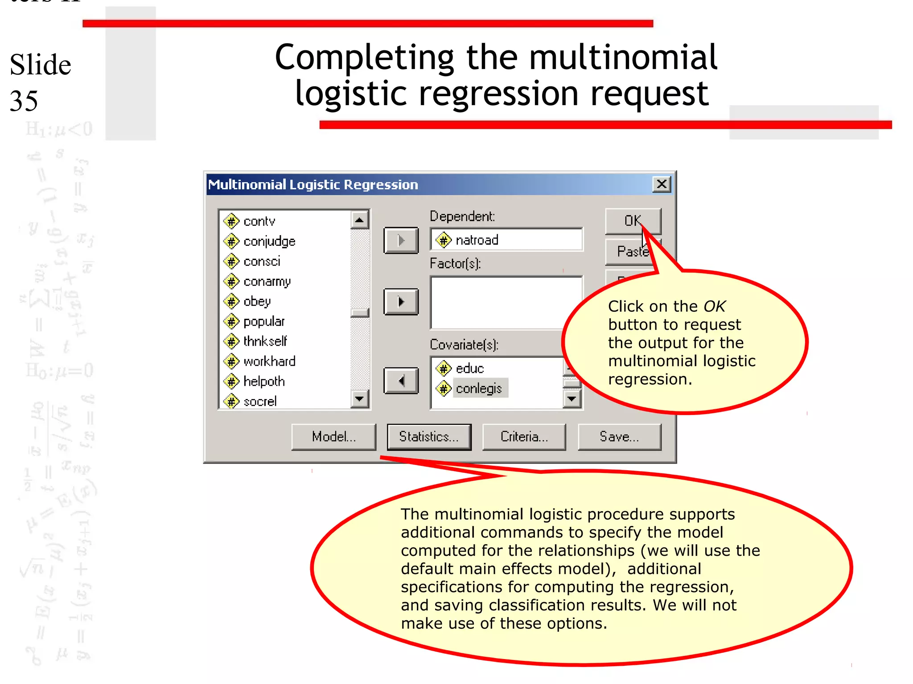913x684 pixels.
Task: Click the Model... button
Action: click(x=333, y=437)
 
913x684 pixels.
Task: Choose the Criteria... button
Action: click(x=524, y=437)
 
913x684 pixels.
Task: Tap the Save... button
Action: click(x=619, y=437)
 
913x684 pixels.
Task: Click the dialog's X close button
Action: click(x=662, y=184)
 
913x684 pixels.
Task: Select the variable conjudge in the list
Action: click(x=269, y=241)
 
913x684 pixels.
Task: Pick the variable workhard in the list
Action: click(x=269, y=361)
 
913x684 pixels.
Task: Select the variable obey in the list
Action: click(x=257, y=301)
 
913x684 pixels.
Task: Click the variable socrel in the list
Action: click(x=260, y=401)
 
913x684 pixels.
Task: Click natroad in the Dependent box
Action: click(x=477, y=240)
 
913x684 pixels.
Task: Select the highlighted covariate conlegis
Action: click(x=478, y=388)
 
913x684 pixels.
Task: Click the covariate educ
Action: click(x=469, y=368)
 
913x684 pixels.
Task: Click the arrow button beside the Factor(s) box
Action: click(x=401, y=302)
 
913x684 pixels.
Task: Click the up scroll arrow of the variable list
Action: click(x=359, y=220)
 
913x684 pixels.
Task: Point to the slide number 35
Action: click(x=24, y=101)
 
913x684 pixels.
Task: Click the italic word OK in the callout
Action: click(x=715, y=306)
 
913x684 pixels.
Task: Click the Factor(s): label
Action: click(x=455, y=264)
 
